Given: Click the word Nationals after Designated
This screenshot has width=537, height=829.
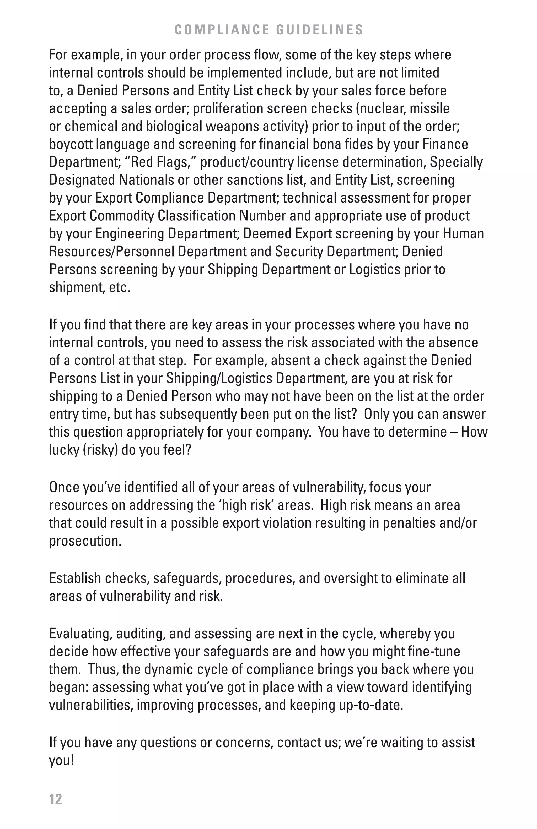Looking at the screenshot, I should click(146, 180).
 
